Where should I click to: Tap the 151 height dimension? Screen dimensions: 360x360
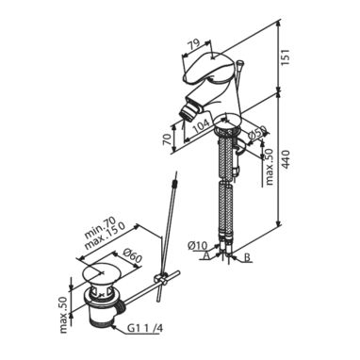286,57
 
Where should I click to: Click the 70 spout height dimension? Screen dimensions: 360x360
168,138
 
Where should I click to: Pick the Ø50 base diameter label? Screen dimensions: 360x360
256,134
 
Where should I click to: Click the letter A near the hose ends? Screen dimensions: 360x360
206,256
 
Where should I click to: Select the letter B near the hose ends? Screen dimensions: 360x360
247,258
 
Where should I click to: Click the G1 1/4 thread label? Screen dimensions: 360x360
145,329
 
